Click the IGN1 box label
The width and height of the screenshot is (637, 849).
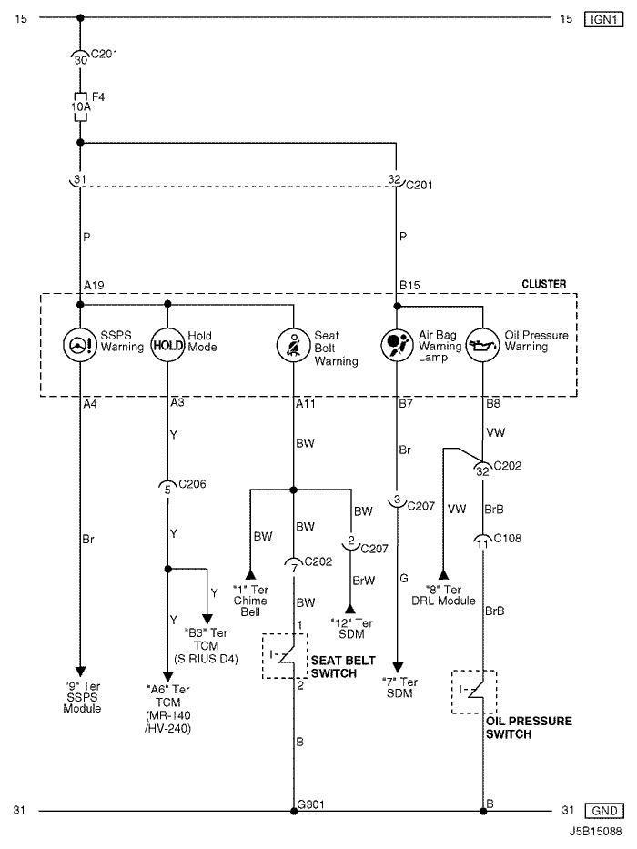point(603,17)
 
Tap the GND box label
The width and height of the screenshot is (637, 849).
point(603,810)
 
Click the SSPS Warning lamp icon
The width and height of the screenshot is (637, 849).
point(80,345)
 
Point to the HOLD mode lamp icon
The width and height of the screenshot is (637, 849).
point(167,345)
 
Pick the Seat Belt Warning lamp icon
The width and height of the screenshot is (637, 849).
point(293,345)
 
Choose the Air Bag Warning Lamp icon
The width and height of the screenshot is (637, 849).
point(396,345)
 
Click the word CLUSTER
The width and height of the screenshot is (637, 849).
point(543,285)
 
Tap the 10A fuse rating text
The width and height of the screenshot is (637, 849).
point(79,107)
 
